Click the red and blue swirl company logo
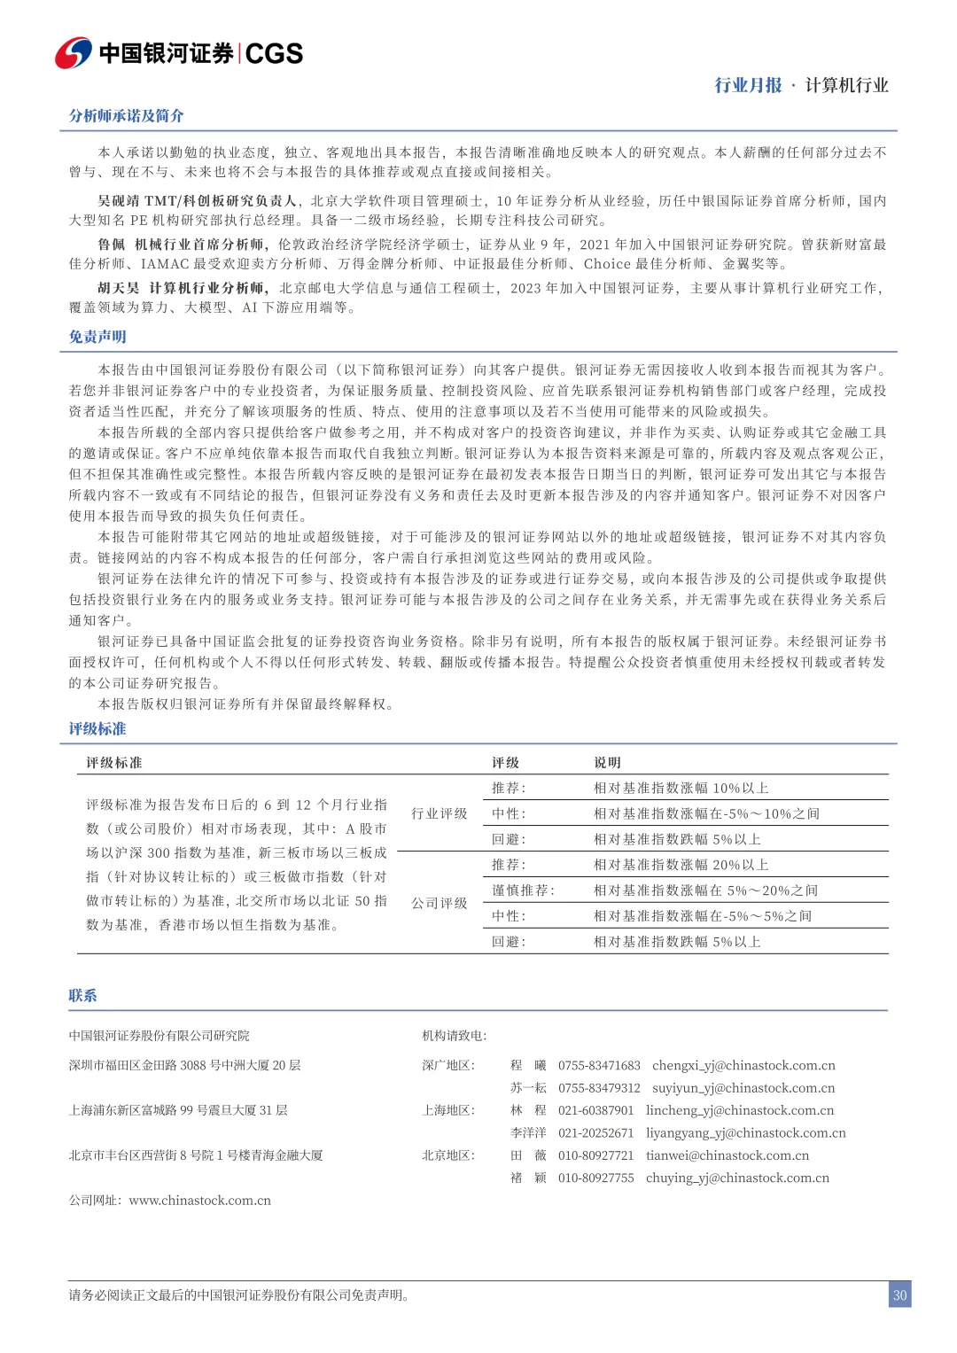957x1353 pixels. (73, 53)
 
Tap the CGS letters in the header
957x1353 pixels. (274, 54)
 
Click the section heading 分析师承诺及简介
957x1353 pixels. (127, 116)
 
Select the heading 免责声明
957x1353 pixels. (97, 337)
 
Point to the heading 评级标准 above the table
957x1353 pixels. (97, 728)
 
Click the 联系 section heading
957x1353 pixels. (82, 995)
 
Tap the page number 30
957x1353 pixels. (899, 1295)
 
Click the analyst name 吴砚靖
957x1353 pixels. (119, 201)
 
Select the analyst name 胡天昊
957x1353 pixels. (119, 288)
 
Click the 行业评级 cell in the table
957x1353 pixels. (439, 813)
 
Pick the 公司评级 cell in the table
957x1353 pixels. (439, 903)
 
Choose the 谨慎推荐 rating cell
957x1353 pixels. (523, 890)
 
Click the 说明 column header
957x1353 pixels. (607, 763)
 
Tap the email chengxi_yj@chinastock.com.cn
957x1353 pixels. (743, 1065)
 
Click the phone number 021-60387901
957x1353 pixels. (595, 1110)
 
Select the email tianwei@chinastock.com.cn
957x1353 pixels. (727, 1155)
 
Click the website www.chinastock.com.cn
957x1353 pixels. (199, 1201)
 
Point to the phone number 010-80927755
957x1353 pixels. (595, 1178)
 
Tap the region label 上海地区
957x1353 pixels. (448, 1110)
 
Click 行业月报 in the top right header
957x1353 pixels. (748, 85)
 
